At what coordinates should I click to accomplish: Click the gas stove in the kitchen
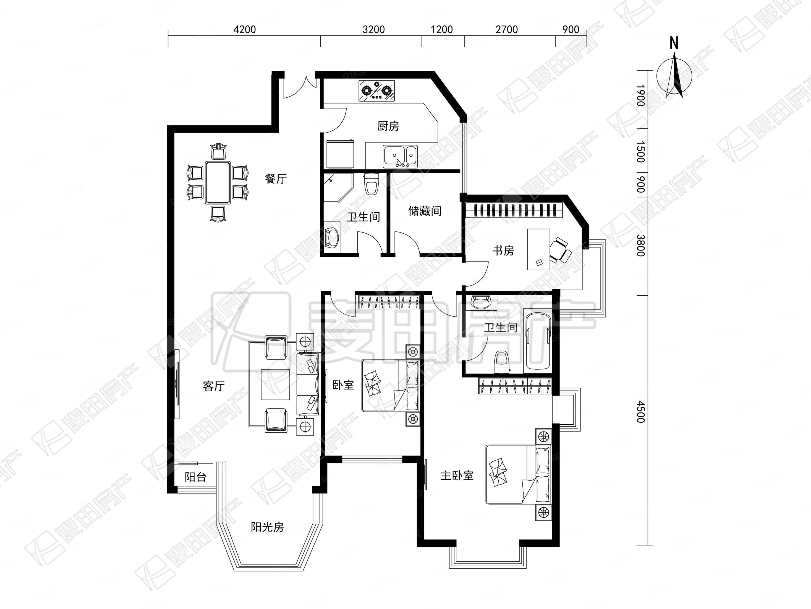coord(376,91)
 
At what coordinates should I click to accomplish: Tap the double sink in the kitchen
coord(400,156)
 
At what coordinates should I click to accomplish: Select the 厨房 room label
coord(388,126)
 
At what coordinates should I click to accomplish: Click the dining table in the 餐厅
coord(218,182)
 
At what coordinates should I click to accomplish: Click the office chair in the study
coord(560,250)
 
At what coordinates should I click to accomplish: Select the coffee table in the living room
coord(275,384)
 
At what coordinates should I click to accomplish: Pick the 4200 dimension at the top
coord(245,29)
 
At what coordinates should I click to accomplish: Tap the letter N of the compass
coord(674,43)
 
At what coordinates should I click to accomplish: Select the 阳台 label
coord(195,477)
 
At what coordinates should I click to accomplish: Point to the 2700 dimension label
coord(507,29)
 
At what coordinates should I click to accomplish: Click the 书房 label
coord(503,251)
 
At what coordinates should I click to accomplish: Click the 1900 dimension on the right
coord(640,96)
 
